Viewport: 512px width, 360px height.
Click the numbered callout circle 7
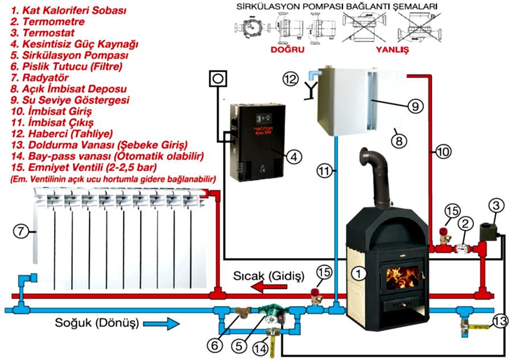[20, 231]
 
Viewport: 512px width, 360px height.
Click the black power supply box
[253, 139]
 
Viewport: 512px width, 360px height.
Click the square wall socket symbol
[217, 79]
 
